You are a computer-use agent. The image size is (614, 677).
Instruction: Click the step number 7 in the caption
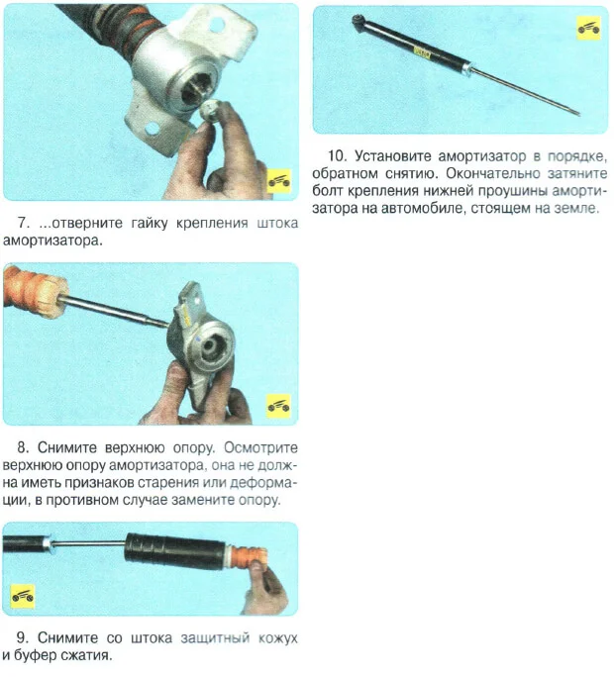23,224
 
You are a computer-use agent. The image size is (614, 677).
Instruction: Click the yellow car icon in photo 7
278,181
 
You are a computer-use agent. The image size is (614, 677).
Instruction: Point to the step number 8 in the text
23,447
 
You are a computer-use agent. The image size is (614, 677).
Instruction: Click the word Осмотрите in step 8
260,447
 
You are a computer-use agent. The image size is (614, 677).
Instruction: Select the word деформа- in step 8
263,482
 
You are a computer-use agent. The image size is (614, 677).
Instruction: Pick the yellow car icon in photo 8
278,406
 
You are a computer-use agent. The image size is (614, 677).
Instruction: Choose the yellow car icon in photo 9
23,596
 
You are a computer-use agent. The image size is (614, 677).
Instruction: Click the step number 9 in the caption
22,637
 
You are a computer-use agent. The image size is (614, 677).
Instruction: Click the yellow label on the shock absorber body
422,53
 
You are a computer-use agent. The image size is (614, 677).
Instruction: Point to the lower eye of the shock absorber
358,20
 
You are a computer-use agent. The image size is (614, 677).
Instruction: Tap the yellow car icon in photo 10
589,28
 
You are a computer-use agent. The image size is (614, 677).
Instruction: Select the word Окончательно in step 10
493,173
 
